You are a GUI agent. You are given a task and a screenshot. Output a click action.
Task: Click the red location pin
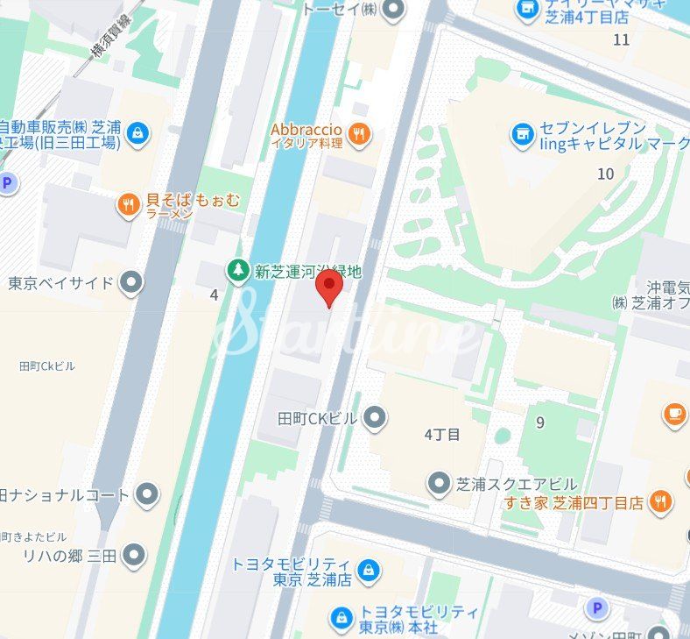pos(328,287)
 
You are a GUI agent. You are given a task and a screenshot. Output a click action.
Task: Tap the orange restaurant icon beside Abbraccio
pos(358,134)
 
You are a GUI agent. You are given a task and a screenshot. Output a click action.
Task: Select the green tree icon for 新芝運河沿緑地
pos(237,272)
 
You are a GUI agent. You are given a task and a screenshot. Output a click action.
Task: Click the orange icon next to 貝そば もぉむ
pos(129,205)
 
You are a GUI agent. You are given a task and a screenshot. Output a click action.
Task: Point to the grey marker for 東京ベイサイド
pos(131,283)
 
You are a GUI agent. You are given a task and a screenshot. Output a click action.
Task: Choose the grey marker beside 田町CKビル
pos(375,418)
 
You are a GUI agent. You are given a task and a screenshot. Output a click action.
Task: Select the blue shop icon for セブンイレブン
pos(524,134)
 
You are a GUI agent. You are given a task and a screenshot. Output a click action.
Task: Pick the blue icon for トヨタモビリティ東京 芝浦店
pos(369,571)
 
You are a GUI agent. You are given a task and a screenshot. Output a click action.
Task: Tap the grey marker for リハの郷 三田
pos(134,555)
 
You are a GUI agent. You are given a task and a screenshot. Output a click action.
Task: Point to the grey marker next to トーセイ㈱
pos(396,10)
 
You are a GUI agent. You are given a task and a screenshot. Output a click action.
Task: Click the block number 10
pos(605,174)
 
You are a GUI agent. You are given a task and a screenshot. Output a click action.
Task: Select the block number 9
pos(540,422)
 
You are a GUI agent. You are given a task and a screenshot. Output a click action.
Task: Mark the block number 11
pos(622,39)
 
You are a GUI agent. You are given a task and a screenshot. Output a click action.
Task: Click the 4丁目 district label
pos(441,434)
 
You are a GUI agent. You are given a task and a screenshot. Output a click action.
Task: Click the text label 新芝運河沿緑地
pos(306,273)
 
